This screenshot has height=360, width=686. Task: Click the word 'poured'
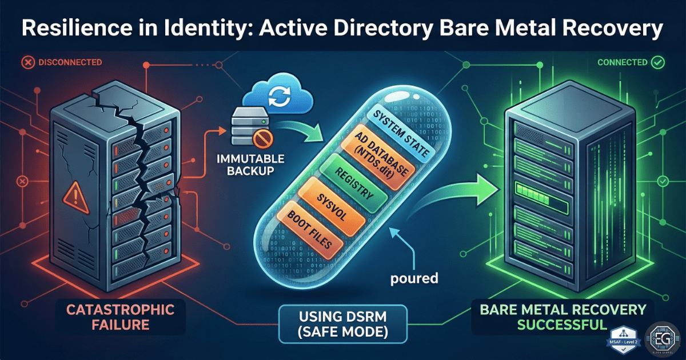[x=414, y=279]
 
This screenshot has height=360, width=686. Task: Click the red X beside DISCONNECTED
[x=26, y=61]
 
